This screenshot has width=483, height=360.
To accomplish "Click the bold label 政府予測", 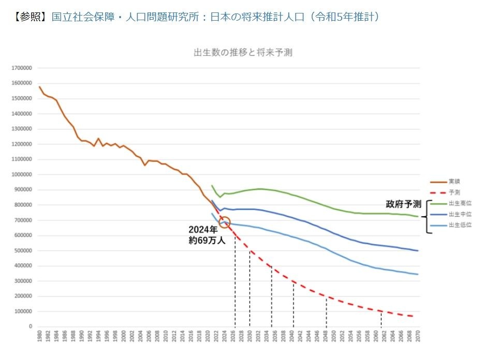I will [403, 204].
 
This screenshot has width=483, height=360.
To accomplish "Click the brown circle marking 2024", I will [225, 222].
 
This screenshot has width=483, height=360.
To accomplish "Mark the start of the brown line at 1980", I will [40, 86].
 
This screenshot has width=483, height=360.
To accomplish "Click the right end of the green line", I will [417, 216].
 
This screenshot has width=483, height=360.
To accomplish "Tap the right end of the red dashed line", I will [413, 316].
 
